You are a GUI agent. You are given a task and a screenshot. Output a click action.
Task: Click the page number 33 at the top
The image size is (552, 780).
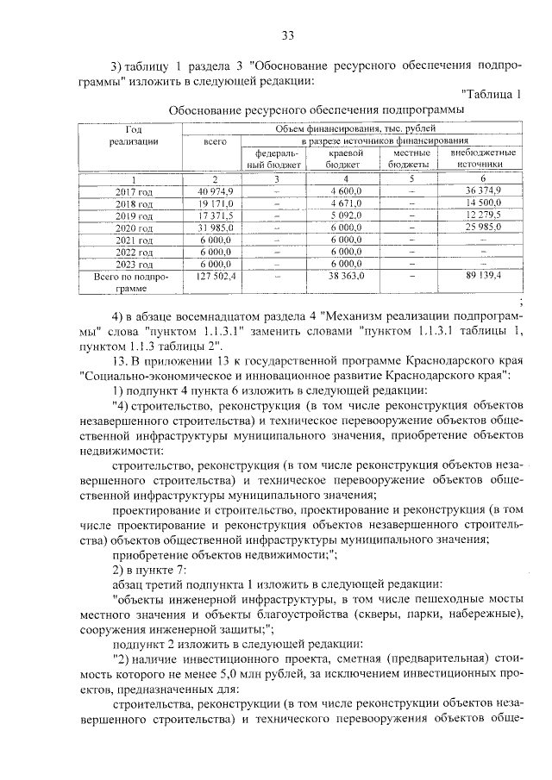coord(288,35)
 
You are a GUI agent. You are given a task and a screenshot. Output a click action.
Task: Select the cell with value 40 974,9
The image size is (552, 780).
coord(210,190)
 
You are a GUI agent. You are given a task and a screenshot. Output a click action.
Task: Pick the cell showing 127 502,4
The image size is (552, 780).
coord(210,277)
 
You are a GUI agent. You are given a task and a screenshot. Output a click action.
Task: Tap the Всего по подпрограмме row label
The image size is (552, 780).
coord(134,283)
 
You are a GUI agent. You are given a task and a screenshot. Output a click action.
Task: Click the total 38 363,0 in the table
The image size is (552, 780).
coord(344,277)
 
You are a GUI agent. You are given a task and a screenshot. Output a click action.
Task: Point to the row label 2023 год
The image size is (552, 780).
coord(134,264)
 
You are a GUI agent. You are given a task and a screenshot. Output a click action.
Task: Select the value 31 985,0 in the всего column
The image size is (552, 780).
coord(210,227)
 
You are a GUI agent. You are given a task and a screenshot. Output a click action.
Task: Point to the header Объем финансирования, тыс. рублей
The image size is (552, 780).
coord(371,128)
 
